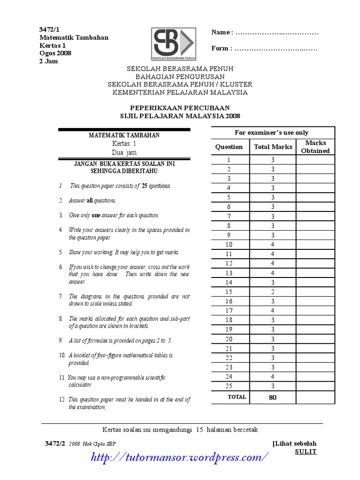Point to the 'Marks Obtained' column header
[x=315, y=147]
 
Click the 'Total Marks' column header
[x=273, y=147]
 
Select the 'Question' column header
[x=229, y=147]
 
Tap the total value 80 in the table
[x=272, y=397]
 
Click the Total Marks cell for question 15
[x=272, y=292]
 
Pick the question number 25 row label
[x=229, y=386]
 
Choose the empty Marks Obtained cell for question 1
[x=315, y=160]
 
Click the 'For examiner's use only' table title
[x=272, y=133]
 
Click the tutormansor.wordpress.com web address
[x=180, y=456]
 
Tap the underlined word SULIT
[x=306, y=451]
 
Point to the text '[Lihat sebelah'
[x=294, y=443]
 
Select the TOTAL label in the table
[x=236, y=397]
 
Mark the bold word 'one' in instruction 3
[x=96, y=215]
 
